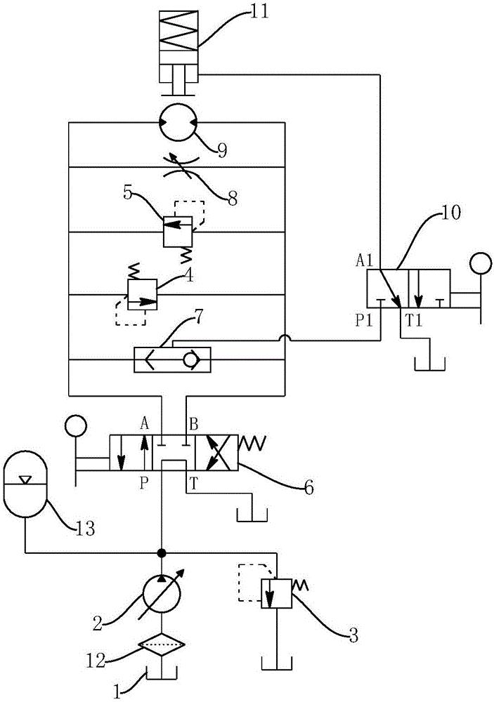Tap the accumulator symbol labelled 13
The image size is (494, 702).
(25, 484)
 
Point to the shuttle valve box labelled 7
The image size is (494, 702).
(172, 359)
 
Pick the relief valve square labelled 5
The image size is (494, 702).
(178, 232)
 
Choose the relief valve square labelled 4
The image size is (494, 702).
(142, 295)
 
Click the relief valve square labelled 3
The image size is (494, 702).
(277, 593)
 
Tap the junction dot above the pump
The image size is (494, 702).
(162, 553)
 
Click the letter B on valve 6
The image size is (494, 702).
(193, 424)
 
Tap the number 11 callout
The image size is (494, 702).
(259, 11)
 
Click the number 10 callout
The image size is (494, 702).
(450, 213)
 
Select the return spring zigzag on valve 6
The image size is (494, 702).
(252, 444)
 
